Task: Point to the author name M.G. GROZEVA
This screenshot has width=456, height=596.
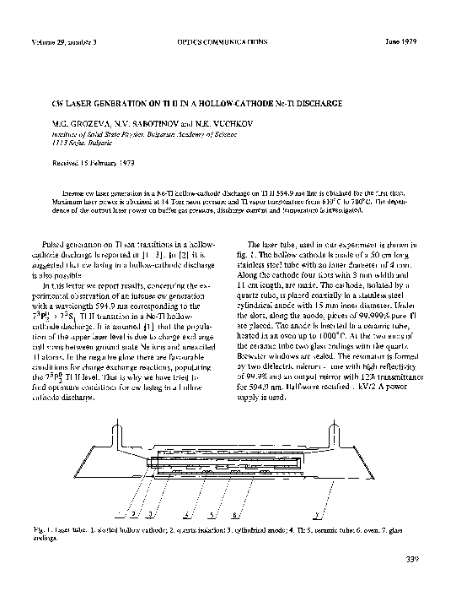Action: (83, 123)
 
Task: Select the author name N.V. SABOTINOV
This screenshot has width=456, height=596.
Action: (160, 123)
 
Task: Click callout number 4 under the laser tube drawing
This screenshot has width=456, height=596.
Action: (184, 513)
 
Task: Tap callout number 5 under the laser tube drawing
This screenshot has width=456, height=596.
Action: (208, 513)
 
